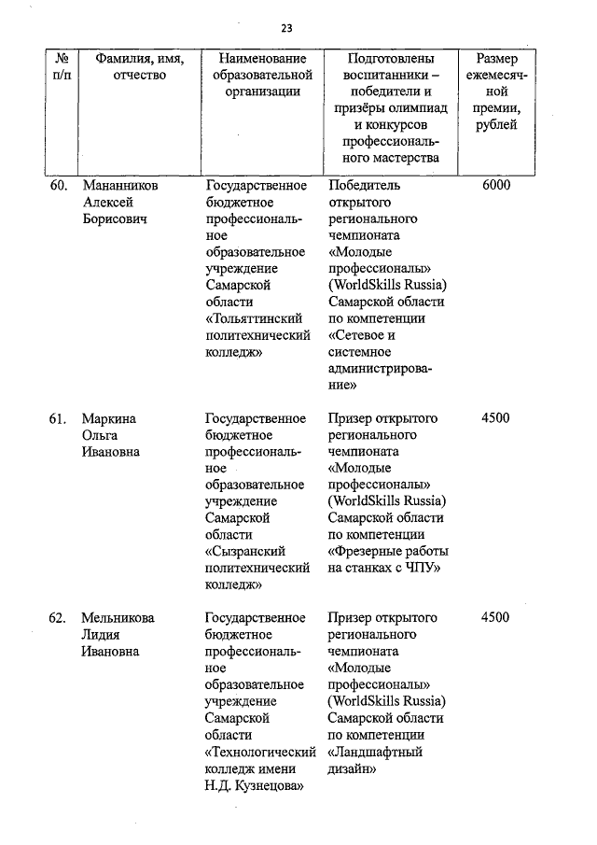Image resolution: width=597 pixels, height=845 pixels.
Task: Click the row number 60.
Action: (x=58, y=186)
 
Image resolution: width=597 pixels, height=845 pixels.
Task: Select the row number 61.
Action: (x=58, y=418)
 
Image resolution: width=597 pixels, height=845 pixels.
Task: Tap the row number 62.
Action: (x=58, y=618)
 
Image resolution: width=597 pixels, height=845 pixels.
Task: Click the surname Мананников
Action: (x=120, y=186)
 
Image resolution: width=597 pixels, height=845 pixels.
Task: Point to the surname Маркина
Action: (x=108, y=418)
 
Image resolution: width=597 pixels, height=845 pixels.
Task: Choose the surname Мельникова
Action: (x=118, y=618)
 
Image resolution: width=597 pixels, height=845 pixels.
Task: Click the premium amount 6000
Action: (x=496, y=186)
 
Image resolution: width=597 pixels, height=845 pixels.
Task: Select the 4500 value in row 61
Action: (x=496, y=418)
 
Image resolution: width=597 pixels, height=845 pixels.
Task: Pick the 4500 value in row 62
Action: (x=496, y=618)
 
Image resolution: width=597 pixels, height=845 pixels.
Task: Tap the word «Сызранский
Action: (x=244, y=552)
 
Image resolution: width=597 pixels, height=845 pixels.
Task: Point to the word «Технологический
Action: (x=257, y=752)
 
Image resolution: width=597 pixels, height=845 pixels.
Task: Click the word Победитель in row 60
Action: (x=364, y=186)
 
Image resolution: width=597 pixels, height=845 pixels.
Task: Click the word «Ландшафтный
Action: (x=376, y=752)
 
